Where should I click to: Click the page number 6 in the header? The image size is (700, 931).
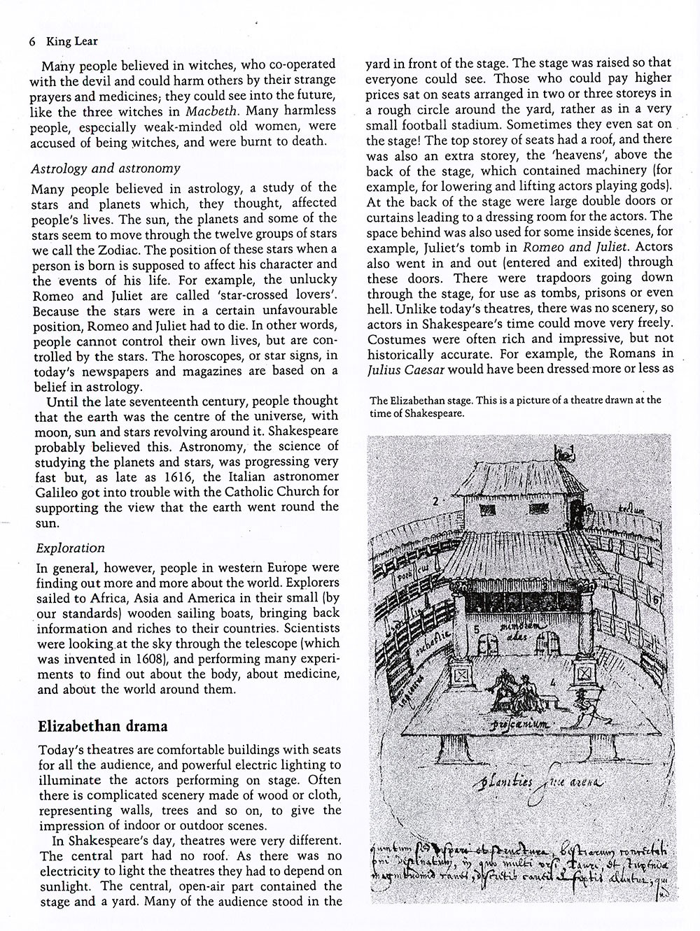point(32,41)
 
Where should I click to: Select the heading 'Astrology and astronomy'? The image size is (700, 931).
point(106,169)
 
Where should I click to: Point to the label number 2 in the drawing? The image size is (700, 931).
point(435,501)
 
